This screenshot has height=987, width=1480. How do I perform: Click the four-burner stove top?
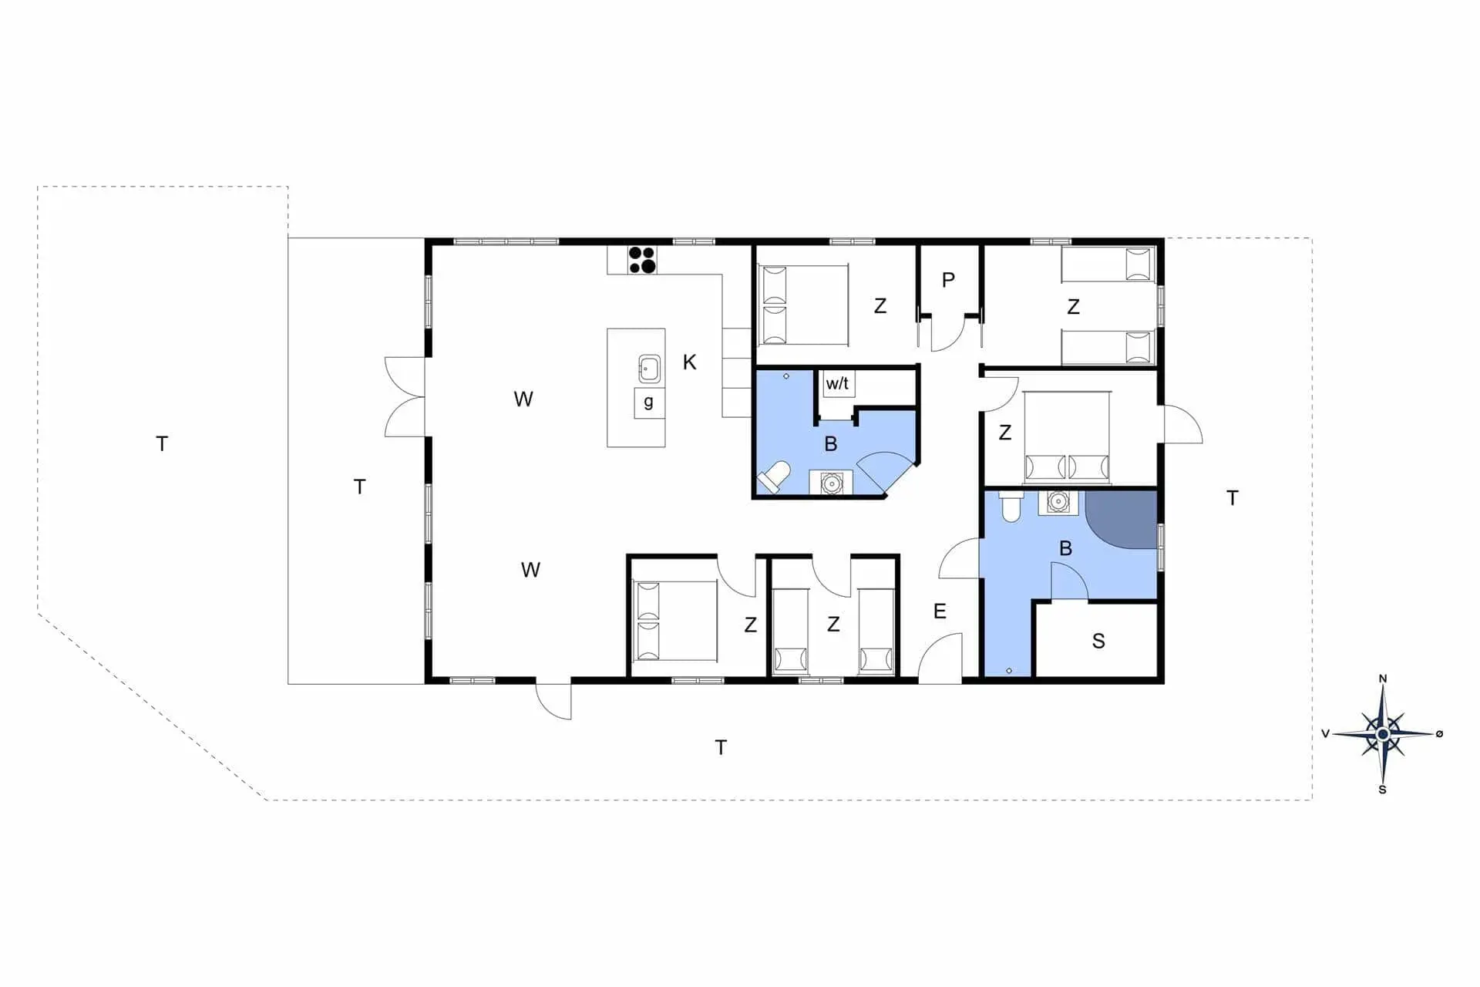pyautogui.click(x=642, y=260)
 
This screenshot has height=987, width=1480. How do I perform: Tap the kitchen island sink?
pyautogui.click(x=649, y=369)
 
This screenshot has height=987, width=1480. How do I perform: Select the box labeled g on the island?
pyautogui.click(x=649, y=403)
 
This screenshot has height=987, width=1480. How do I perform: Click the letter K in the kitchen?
pyautogui.click(x=690, y=362)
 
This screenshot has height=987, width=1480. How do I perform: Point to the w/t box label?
pyautogui.click(x=838, y=383)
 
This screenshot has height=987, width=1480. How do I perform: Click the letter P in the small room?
pyautogui.click(x=949, y=280)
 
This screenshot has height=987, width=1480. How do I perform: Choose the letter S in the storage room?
pyautogui.click(x=1098, y=641)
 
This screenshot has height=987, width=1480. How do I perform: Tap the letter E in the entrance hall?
pyautogui.click(x=940, y=611)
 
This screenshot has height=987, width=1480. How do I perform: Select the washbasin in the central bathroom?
pyautogui.click(x=831, y=483)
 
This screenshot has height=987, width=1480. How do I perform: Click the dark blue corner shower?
pyautogui.click(x=1122, y=519)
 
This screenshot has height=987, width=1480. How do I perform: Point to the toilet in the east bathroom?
pyautogui.click(x=1011, y=506)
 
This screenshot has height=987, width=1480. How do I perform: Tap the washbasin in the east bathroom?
pyautogui.click(x=1058, y=502)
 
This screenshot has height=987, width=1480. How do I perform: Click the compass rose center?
pyautogui.click(x=1383, y=734)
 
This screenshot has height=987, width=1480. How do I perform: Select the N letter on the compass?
pyautogui.click(x=1383, y=679)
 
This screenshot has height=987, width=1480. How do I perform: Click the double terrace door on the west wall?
pyautogui.click(x=405, y=397)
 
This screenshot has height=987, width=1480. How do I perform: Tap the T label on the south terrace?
pyautogui.click(x=721, y=747)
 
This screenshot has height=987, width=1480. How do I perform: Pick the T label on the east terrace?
pyautogui.click(x=1233, y=498)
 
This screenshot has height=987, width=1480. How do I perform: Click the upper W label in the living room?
pyautogui.click(x=523, y=399)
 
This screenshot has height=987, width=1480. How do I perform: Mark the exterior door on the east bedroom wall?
pyautogui.click(x=1182, y=424)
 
